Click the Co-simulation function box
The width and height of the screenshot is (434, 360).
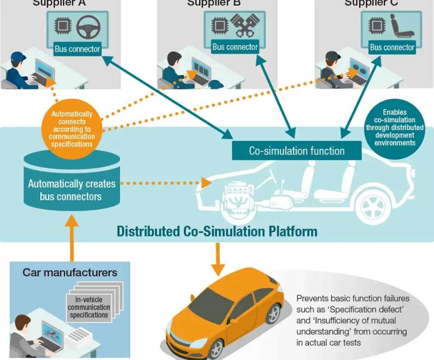297,151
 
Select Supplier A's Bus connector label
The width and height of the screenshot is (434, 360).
77,49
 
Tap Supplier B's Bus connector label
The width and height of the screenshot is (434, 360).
235,47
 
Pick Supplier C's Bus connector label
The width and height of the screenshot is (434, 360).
392,47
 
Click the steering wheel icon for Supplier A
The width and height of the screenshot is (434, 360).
88,27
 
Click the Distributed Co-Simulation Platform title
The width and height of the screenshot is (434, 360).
217,232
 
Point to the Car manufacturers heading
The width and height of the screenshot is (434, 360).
70,272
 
